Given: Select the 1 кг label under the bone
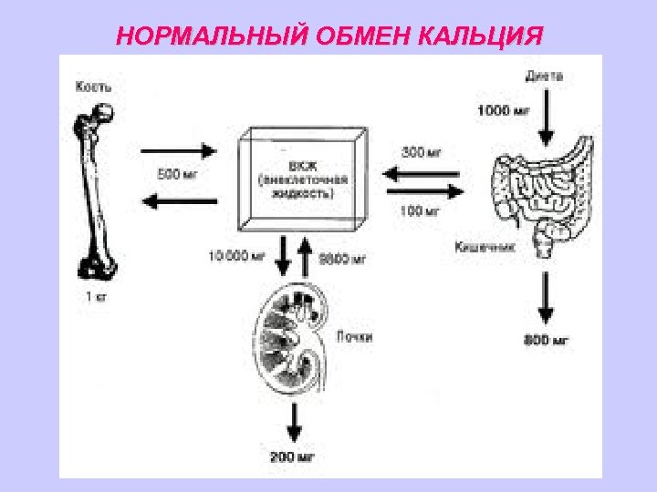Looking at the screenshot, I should click(96, 296).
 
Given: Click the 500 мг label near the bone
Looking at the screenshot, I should click(177, 174).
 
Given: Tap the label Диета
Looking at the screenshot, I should click(544, 77).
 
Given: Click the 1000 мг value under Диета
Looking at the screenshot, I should click(505, 111).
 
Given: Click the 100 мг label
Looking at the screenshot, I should click(420, 211).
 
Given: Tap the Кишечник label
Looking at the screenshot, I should click(485, 246).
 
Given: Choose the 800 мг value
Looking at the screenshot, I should click(547, 341).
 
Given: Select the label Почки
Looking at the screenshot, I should click(354, 337).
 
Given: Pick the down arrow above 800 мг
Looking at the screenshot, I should click(546, 298).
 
